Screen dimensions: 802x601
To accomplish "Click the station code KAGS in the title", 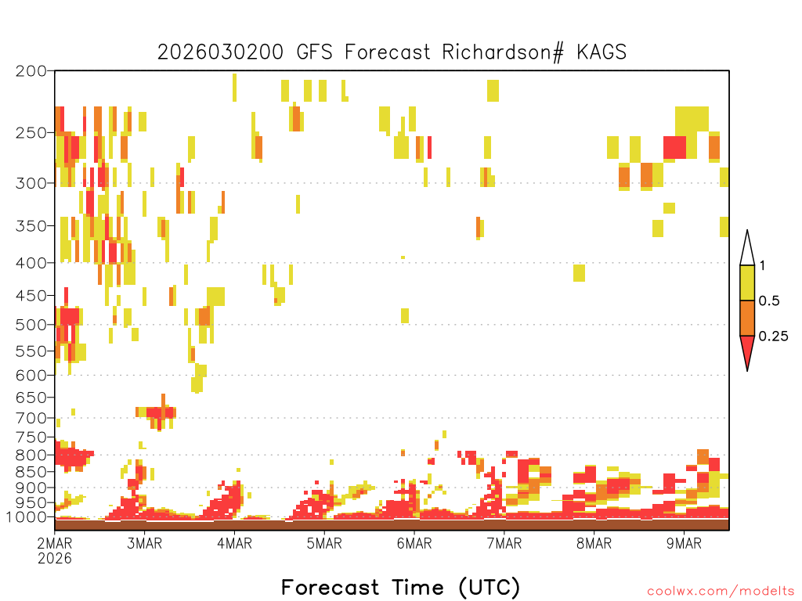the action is (x=601, y=52).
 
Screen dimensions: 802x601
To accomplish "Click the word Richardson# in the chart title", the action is (x=503, y=52).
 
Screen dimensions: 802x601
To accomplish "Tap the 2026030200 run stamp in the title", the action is (x=220, y=52).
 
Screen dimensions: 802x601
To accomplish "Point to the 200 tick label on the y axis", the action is (x=31, y=71).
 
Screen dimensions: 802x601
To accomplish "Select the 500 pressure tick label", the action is (x=31, y=325).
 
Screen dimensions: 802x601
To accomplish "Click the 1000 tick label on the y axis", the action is (x=26, y=517).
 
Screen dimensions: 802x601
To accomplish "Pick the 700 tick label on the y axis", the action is (x=31, y=418).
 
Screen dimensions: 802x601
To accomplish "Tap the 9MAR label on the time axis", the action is (x=684, y=543).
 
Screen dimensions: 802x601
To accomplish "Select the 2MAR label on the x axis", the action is (x=55, y=543).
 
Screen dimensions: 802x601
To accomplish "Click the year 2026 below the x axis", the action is (x=55, y=559).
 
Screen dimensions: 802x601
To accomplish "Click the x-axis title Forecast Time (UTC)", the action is (x=400, y=588).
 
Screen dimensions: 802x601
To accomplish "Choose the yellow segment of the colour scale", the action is (x=747, y=283).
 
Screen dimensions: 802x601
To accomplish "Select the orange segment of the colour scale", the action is (x=747, y=318).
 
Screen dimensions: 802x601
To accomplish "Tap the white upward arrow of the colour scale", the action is (x=747, y=248).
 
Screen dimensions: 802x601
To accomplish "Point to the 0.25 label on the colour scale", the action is (x=773, y=336).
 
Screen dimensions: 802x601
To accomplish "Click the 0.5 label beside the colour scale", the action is (x=769, y=301).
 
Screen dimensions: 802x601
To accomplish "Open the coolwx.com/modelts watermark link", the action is (x=721, y=592).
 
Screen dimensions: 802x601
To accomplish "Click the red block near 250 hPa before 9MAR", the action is (x=674, y=148).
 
